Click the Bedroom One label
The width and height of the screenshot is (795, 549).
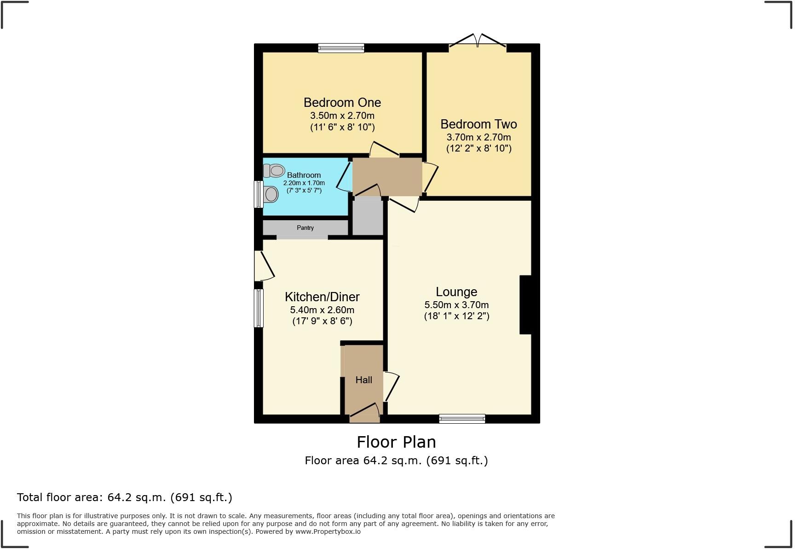342,102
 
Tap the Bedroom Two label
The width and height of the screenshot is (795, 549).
478,124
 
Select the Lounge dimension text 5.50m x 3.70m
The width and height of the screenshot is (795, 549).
456,305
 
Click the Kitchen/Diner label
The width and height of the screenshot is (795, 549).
322,297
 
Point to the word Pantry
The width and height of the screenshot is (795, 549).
305,228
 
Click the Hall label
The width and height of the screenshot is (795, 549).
363,380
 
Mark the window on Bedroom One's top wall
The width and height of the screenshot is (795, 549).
341,48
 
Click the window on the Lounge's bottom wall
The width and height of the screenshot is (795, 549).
462,419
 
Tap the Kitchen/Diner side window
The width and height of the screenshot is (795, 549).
259,308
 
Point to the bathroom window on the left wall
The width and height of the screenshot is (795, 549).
259,194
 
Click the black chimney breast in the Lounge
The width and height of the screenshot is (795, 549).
525,304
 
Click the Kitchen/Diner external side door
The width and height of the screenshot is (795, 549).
263,266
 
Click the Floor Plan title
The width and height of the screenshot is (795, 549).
396,442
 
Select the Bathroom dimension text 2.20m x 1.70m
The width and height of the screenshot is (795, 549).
304,183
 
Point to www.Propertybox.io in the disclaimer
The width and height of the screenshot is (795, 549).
328,531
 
